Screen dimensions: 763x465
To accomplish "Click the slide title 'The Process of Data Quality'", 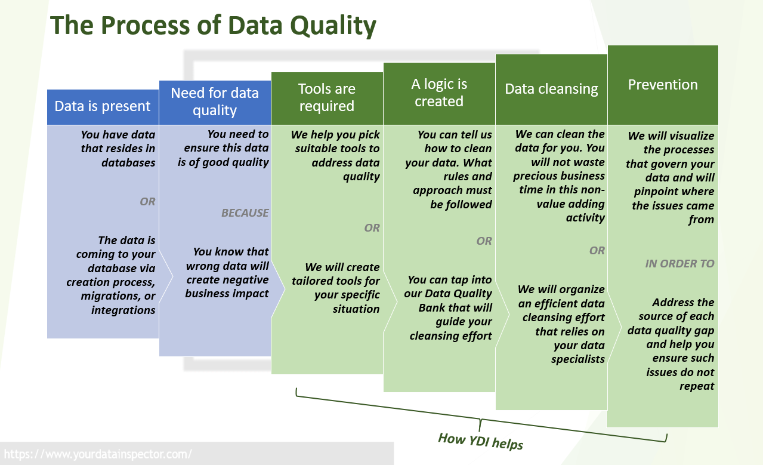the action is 213,26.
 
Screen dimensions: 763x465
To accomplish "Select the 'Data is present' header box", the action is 103,107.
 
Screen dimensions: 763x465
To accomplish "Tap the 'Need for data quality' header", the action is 215,103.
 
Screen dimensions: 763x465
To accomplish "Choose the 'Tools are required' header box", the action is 327,98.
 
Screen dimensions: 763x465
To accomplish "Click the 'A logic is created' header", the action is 439,94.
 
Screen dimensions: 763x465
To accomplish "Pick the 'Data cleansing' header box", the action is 551,90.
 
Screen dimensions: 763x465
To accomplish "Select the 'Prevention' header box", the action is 663,85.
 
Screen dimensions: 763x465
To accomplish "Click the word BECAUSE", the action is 245,213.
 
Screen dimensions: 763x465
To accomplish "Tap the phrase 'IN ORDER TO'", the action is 679,263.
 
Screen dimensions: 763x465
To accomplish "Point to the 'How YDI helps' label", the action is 481,441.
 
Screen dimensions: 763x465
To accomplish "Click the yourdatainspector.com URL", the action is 98,454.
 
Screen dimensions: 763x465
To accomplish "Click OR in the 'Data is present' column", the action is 147,202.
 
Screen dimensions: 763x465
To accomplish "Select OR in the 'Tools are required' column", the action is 372,228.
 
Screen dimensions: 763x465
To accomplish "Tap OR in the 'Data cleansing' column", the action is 597,251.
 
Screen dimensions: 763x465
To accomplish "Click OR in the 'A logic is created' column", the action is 484,241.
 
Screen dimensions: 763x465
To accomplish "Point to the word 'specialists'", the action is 578,359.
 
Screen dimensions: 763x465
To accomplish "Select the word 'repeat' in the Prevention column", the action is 697,386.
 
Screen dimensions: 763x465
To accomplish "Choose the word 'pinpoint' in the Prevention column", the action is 652,192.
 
